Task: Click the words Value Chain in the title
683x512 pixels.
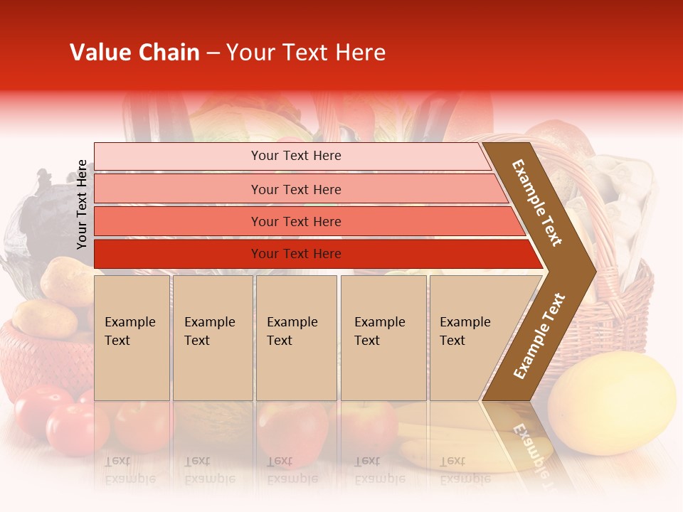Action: pos(134,53)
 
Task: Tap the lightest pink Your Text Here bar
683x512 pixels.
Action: pos(296,156)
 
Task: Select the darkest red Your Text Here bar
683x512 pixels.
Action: pos(296,254)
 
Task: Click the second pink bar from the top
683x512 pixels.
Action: pos(296,189)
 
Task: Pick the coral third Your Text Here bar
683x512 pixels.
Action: pos(296,222)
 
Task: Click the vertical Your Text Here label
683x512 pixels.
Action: pos(82,204)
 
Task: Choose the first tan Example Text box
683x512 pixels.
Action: pos(132,338)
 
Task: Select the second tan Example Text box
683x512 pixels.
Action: pos(212,338)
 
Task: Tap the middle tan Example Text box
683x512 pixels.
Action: pos(296,338)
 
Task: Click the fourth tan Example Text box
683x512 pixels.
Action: pos(383,338)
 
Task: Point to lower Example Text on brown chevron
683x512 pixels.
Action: pos(539,336)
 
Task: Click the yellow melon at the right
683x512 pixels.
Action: pos(612,395)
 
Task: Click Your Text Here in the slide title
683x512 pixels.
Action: pos(306,53)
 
